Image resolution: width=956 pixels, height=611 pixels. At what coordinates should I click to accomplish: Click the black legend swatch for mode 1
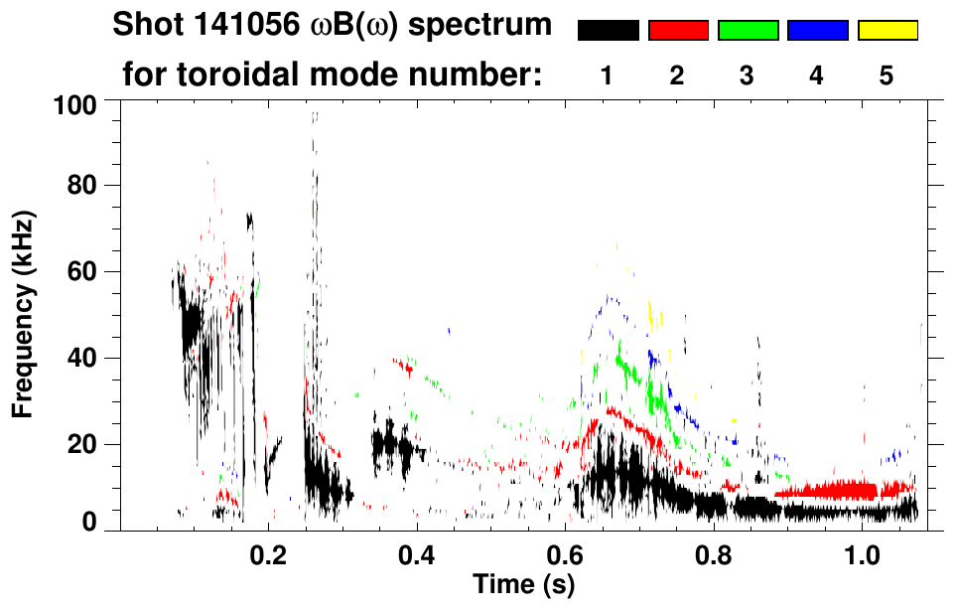tap(608, 31)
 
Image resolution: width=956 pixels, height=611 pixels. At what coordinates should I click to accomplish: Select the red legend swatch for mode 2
tap(678, 31)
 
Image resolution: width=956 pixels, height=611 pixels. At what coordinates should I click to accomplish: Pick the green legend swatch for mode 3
tap(748, 31)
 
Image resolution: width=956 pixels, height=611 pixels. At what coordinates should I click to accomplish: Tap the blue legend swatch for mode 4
tap(817, 31)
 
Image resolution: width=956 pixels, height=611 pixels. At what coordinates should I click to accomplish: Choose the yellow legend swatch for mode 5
tap(888, 31)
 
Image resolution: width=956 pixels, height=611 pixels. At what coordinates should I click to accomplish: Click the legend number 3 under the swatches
tap(747, 76)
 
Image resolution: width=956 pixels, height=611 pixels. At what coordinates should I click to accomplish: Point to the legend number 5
tap(887, 76)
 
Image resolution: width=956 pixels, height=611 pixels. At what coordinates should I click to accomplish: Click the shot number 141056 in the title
tap(237, 26)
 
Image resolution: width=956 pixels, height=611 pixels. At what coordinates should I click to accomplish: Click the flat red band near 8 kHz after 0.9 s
tap(844, 491)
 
